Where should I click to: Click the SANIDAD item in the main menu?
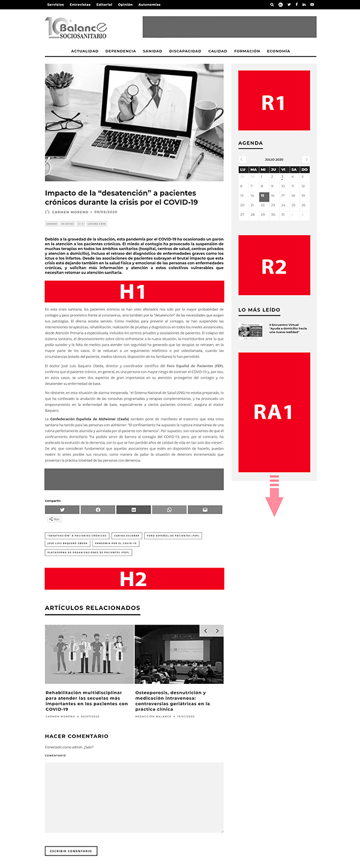point(152,51)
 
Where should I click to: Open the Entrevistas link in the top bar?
point(80,4)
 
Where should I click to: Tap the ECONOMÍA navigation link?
point(278,51)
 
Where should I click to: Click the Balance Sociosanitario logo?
point(76,28)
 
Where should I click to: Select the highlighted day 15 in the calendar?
point(263,196)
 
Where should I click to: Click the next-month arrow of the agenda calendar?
point(306,160)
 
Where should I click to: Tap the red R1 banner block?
point(274,101)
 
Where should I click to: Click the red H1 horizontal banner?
point(134,292)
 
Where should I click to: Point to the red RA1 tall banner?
point(274,412)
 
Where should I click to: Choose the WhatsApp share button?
point(169,509)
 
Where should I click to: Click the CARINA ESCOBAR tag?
point(127,535)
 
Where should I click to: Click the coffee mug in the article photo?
point(206,114)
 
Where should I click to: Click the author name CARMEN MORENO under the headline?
point(70,212)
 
